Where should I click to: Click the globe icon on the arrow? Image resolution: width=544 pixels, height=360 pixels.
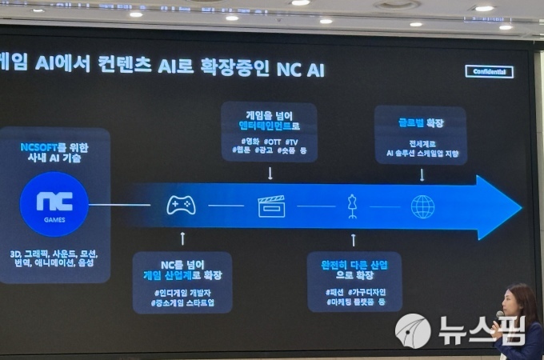422,206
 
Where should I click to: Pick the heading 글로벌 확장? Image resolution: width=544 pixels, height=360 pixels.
422,123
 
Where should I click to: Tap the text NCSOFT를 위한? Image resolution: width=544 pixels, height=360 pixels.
54,147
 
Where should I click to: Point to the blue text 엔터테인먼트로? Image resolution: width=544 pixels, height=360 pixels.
268,126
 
